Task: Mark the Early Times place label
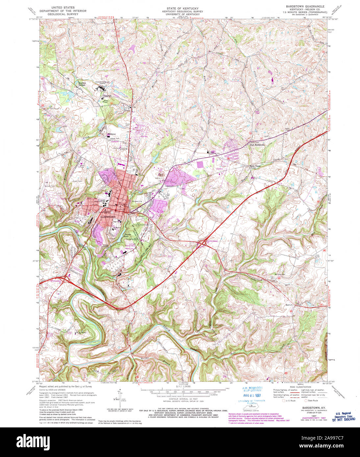[x=253, y=166]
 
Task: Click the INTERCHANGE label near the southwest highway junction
[x=56, y=281]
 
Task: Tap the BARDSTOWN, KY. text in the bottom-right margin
[x=310, y=407]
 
